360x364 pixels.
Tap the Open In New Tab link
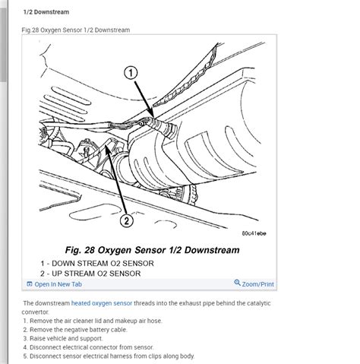pyautogui.click(x=58, y=284)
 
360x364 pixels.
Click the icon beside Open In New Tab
pyautogui.click(x=29, y=284)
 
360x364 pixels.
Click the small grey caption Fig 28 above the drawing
pyautogui.click(x=76, y=30)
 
